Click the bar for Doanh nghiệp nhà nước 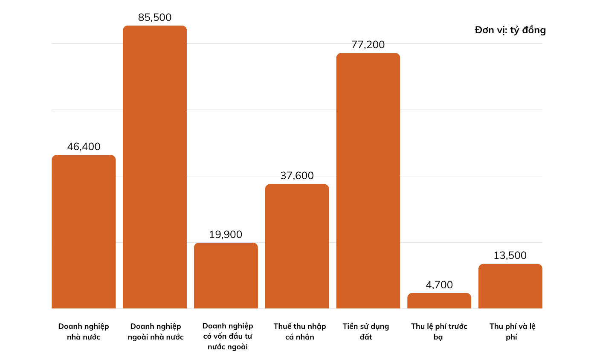point(84,231)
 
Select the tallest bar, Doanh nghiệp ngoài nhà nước point(155,167)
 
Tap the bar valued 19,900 point(226,275)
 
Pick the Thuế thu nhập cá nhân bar point(297,246)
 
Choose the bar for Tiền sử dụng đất point(368,180)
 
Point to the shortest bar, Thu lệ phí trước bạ point(439,301)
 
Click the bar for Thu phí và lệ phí point(510,286)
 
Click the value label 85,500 point(155,17)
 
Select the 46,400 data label point(84,147)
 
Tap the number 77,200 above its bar point(368,45)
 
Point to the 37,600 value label point(297,176)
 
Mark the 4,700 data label point(439,285)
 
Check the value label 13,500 point(510,255)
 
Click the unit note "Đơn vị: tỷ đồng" point(510,30)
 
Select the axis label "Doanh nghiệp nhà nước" point(84,331)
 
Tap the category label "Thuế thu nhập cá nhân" point(300,331)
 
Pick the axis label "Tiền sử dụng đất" point(366,331)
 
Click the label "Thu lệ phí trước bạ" point(439,331)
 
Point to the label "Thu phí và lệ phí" point(512,331)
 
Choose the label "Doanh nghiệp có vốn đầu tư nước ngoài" point(228,337)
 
